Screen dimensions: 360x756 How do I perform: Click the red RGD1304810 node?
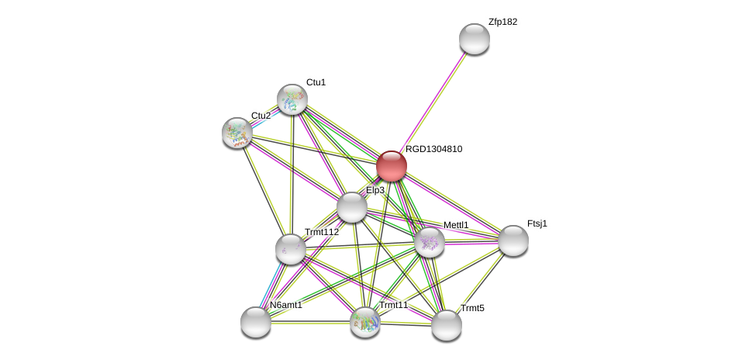pyautogui.click(x=392, y=166)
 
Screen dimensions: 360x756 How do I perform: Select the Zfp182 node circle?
pyautogui.click(x=474, y=39)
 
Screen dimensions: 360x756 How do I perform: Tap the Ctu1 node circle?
pyautogui.click(x=292, y=99)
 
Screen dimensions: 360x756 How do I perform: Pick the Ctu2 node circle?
pyautogui.click(x=237, y=132)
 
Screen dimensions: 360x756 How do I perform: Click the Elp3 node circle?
pyautogui.click(x=352, y=207)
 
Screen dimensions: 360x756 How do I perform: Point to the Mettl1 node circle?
pyautogui.click(x=430, y=242)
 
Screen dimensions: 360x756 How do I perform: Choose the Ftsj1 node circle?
pyautogui.click(x=513, y=241)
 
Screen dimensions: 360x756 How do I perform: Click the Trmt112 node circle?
pyautogui.click(x=291, y=249)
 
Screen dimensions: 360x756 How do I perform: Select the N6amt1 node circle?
pyautogui.click(x=256, y=322)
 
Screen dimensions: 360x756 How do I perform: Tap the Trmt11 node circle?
pyautogui.click(x=365, y=322)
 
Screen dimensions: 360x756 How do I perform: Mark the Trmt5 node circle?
pyautogui.click(x=447, y=325)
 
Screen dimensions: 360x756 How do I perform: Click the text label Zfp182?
pyautogui.click(x=502, y=22)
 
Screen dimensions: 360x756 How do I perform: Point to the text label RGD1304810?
pyautogui.click(x=433, y=149)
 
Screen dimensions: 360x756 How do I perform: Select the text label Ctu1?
pyautogui.click(x=316, y=82)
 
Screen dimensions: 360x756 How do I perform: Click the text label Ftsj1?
pyautogui.click(x=537, y=223)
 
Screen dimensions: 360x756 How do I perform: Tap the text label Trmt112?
pyautogui.click(x=321, y=232)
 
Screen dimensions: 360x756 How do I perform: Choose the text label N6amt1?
pyautogui.click(x=286, y=305)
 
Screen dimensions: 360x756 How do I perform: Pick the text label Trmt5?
pyautogui.click(x=472, y=308)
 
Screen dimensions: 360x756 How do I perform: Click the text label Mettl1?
pyautogui.click(x=456, y=225)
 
